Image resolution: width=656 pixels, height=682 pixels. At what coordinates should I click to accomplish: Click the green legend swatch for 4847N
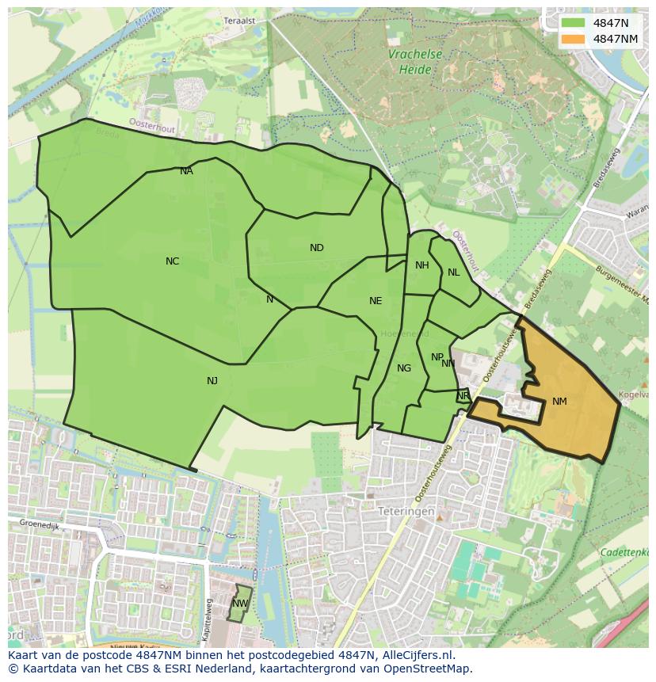point(574,23)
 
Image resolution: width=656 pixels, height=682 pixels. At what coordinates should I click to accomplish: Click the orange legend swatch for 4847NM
point(574,39)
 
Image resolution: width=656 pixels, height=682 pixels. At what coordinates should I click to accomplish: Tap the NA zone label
point(186,171)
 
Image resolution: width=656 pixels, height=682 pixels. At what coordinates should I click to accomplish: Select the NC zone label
point(172,261)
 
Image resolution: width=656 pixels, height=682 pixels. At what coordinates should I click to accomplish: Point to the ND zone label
point(317,248)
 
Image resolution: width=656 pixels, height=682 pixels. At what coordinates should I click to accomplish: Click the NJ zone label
point(212,381)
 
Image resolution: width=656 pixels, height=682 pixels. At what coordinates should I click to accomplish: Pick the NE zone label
point(376,301)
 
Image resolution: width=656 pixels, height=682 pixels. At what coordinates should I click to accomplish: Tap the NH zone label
point(422,265)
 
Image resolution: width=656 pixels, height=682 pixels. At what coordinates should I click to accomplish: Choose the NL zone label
point(453,272)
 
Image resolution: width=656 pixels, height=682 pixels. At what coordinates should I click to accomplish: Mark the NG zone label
point(404,368)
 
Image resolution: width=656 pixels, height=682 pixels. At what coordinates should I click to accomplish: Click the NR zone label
point(463,396)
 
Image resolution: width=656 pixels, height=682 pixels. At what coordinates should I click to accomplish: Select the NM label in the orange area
point(559,402)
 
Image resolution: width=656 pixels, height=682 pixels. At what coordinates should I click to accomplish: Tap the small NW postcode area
point(239,604)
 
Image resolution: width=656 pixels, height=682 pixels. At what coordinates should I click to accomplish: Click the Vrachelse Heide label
point(415,62)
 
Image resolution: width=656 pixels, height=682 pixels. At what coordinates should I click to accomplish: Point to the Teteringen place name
point(406,512)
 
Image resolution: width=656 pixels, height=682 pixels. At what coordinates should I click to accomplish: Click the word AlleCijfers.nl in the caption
point(416,655)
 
